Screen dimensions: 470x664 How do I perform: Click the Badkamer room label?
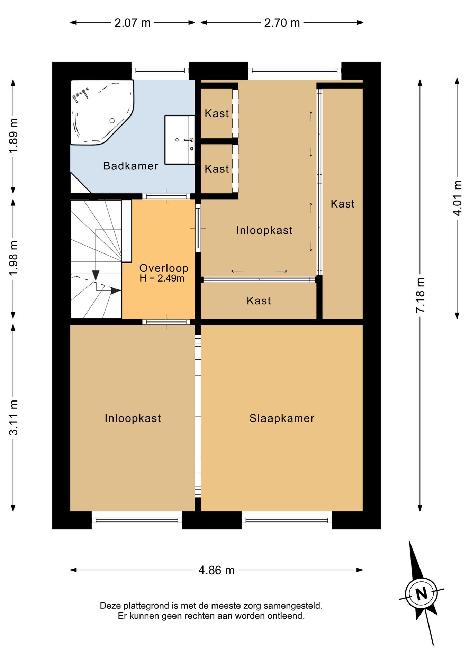[x=130, y=166]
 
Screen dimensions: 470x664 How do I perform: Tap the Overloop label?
[x=164, y=268]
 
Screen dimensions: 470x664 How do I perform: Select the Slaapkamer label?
[x=282, y=418]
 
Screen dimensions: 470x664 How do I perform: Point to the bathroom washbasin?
[x=179, y=140]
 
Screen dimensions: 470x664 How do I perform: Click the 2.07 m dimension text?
[x=133, y=23]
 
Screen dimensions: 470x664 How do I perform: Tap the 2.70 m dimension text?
[x=282, y=23]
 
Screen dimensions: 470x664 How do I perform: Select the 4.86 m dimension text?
[x=216, y=570]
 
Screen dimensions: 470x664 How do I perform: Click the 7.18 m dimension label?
[x=420, y=295]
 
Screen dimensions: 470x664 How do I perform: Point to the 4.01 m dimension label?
[x=458, y=199]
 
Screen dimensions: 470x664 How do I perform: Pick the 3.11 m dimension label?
[x=13, y=417]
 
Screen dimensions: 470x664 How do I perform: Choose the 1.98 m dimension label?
[x=13, y=258]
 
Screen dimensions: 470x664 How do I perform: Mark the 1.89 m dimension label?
[x=13, y=136]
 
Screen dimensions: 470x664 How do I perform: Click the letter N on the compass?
[x=422, y=594]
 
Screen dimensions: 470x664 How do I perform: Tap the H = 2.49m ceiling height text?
[x=162, y=278]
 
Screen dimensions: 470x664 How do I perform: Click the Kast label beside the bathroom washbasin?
[x=217, y=113]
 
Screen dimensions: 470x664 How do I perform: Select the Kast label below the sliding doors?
[x=259, y=301]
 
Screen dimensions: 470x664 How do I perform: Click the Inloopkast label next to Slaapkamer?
[x=133, y=418]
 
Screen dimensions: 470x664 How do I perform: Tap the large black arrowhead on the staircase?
[x=96, y=275]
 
